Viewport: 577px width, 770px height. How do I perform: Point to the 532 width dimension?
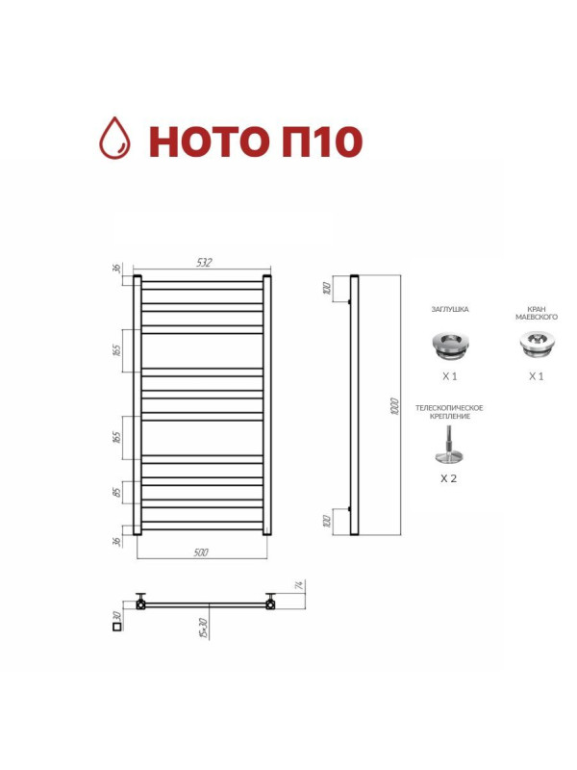pos(203,262)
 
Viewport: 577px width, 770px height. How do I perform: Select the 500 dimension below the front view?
pos(201,552)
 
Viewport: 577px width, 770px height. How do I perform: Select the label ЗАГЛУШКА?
pos(449,310)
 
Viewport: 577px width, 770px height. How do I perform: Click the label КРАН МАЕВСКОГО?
pos(537,313)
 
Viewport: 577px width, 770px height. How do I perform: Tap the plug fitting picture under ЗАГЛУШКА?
pos(449,342)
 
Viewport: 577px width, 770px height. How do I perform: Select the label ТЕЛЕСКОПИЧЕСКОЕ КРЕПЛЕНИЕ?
pos(449,413)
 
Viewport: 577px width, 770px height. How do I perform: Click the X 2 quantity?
pos(447,477)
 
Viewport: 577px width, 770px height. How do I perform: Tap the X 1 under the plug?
pos(449,376)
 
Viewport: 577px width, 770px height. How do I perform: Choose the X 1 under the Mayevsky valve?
pos(536,376)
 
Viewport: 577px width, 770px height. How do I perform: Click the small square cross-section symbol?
pos(117,627)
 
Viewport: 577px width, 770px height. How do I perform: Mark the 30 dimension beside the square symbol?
pos(116,613)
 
